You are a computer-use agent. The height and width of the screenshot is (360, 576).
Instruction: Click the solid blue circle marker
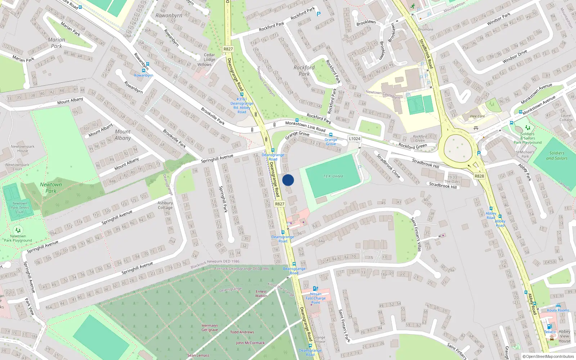(288, 180)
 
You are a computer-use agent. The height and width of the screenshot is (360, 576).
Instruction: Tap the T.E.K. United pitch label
(333, 176)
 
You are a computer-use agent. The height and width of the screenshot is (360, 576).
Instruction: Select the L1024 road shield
(354, 139)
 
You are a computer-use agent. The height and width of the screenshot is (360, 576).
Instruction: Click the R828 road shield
(479, 176)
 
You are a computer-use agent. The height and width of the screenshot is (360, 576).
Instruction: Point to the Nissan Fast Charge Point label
(316, 298)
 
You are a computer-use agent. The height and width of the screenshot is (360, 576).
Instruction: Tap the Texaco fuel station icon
(549, 327)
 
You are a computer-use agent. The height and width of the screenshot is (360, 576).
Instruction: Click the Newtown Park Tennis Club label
(19, 208)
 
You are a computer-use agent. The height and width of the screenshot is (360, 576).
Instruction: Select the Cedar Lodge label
(209, 58)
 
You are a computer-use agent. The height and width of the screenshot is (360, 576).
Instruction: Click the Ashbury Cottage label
(165, 205)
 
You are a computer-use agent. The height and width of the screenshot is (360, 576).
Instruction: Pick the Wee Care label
(477, 116)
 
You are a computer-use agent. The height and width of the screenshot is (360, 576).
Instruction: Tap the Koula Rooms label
(558, 310)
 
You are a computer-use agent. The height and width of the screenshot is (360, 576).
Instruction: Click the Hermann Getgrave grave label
(210, 328)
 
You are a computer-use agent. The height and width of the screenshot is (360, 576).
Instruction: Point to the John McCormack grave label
(250, 343)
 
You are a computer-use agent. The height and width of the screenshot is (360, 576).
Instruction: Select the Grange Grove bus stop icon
(330, 135)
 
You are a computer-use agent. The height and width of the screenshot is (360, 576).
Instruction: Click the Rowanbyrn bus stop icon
(144, 71)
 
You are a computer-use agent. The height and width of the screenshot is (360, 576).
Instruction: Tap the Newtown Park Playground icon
(18, 230)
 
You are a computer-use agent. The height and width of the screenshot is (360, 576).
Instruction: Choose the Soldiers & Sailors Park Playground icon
(527, 128)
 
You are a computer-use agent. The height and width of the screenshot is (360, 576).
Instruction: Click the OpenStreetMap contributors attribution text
(548, 357)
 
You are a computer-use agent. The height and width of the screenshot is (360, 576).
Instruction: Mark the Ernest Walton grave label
(261, 294)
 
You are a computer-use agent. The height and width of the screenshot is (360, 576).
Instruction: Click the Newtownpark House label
(23, 149)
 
